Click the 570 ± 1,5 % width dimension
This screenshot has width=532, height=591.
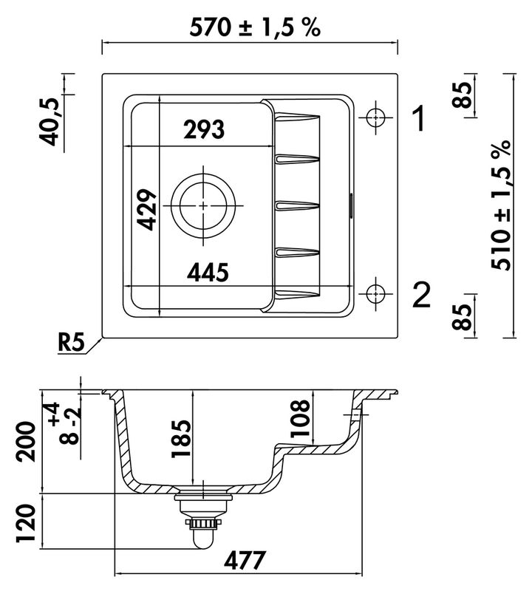click(x=254, y=27)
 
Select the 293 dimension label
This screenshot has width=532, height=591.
click(x=204, y=129)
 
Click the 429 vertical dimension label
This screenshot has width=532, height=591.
click(x=148, y=210)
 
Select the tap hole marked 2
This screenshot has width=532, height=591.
click(x=376, y=293)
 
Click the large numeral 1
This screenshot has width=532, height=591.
click(x=419, y=118)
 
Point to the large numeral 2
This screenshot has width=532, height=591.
click(x=420, y=296)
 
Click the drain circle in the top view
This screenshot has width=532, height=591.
click(x=204, y=206)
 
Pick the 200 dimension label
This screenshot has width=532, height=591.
click(x=26, y=442)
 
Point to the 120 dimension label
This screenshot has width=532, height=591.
click(x=26, y=525)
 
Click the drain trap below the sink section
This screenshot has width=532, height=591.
click(x=202, y=521)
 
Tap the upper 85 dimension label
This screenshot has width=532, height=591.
click(x=463, y=95)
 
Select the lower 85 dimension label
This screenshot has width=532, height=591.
click(x=463, y=317)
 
